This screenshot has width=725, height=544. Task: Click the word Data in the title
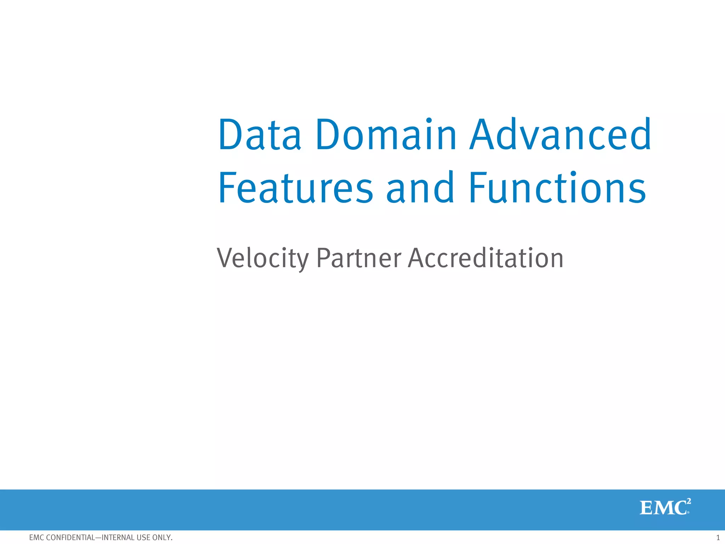coord(260,135)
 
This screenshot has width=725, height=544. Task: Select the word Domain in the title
coord(386,135)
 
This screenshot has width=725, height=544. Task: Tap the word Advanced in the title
coord(560,135)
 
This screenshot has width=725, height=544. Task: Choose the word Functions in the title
coord(558,188)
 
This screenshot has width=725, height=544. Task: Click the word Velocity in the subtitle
coord(263,258)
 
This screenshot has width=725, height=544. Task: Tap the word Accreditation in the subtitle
coord(485,258)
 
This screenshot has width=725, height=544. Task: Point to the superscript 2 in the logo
coord(688,501)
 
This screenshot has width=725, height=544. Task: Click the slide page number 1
coord(718,538)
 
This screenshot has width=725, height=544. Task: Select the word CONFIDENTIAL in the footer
coord(70,538)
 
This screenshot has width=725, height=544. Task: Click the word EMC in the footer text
coord(36,538)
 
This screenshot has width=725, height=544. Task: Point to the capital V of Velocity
coord(225,258)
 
